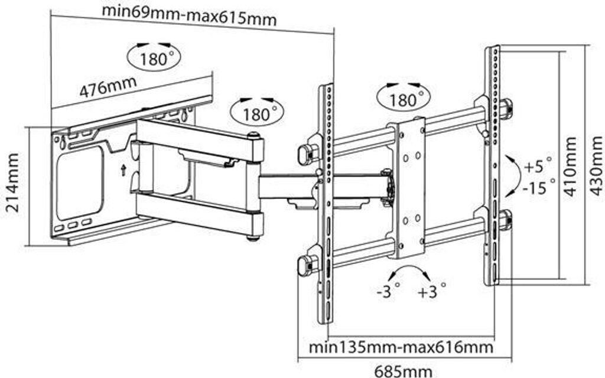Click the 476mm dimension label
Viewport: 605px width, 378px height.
[108, 87]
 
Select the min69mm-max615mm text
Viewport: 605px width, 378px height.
[189, 14]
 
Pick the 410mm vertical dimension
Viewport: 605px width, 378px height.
[570, 167]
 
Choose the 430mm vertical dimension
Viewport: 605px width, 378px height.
[596, 167]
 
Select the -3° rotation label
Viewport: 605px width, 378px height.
[388, 291]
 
